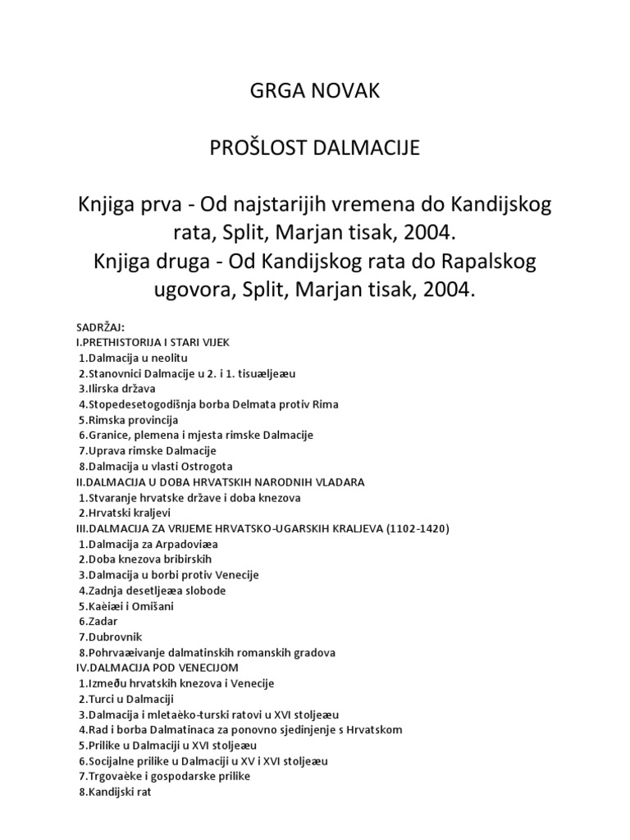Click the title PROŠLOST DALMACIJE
coord(315,148)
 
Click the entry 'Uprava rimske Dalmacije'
coord(148,450)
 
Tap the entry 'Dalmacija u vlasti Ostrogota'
coord(161,466)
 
